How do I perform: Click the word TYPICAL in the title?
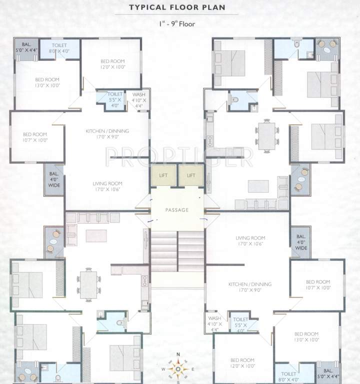[147, 7]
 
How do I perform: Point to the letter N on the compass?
[178, 355]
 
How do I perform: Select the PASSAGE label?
[177, 210]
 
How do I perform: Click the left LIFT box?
[163, 175]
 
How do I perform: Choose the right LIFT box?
[191, 175]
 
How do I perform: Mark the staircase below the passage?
[177, 252]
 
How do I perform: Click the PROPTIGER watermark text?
[179, 156]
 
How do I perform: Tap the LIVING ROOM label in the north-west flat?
[107, 186]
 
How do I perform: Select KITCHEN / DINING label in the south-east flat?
[249, 287]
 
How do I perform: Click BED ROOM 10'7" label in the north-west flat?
[35, 137]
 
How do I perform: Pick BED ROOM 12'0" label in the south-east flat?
[242, 363]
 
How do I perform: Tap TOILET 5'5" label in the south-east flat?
[241, 321]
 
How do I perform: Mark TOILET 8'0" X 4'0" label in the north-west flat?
[59, 47]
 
